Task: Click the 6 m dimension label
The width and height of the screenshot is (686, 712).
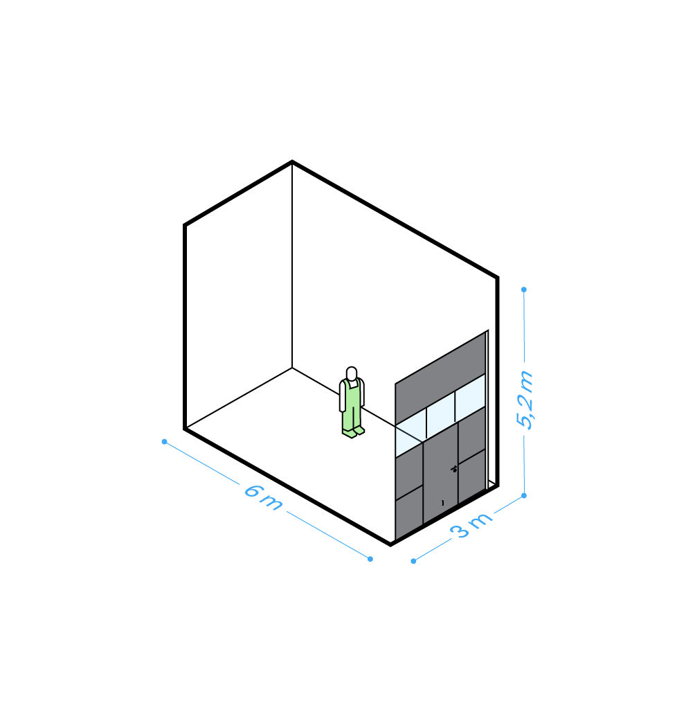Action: pyautogui.click(x=263, y=497)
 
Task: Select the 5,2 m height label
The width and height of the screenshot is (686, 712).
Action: pyautogui.click(x=525, y=400)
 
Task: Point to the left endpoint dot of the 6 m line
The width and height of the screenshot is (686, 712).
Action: pyautogui.click(x=164, y=441)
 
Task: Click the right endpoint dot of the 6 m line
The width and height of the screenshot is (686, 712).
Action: pyautogui.click(x=370, y=559)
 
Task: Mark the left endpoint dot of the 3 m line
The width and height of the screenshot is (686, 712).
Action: pyautogui.click(x=413, y=561)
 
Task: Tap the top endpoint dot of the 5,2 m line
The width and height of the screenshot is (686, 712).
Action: pyautogui.click(x=524, y=290)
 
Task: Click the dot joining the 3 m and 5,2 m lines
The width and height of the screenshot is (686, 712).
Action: pyautogui.click(x=524, y=495)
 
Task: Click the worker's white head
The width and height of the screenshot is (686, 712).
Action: pyautogui.click(x=352, y=374)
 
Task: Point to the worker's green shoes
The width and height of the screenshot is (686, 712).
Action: pyautogui.click(x=353, y=432)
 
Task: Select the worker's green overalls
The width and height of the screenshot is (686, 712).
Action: pyautogui.click(x=352, y=402)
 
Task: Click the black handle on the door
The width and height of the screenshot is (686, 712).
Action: pyautogui.click(x=454, y=469)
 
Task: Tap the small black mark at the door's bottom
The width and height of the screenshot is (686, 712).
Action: pyautogui.click(x=442, y=503)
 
